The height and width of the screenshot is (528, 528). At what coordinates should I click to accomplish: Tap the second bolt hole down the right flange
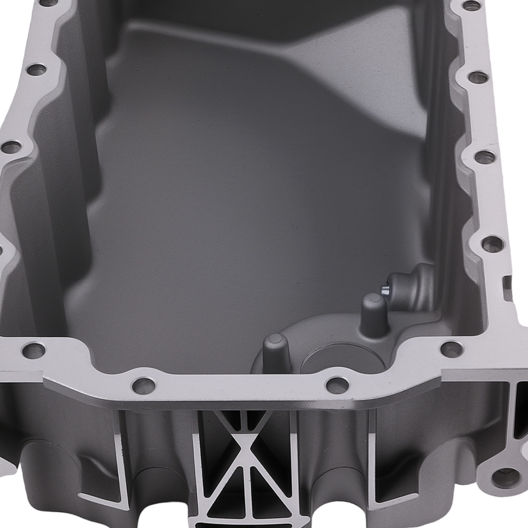pyautogui.click(x=478, y=77)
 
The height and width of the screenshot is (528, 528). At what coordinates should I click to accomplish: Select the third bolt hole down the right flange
pyautogui.click(x=485, y=157)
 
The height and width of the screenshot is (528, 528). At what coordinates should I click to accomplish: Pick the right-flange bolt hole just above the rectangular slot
pyautogui.click(x=492, y=243)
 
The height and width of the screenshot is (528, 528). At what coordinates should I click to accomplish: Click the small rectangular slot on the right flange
pyautogui.click(x=508, y=284)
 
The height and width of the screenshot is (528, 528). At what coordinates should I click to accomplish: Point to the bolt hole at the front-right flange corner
pyautogui.click(x=451, y=349)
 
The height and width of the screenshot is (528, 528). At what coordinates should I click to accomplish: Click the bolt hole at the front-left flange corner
pyautogui.click(x=34, y=349)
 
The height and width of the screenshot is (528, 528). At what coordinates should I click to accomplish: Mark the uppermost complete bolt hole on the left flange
pyautogui.click(x=36, y=70)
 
